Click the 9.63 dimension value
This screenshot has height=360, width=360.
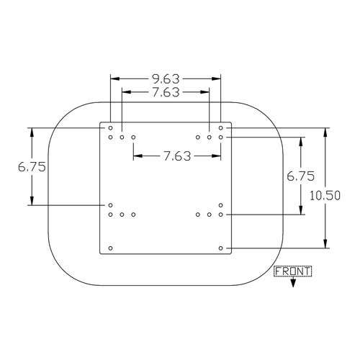pos(166,79)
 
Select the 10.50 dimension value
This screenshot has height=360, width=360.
pos(325,196)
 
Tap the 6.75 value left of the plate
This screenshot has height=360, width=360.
pos(32,167)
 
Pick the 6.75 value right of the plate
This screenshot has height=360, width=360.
pos(300,176)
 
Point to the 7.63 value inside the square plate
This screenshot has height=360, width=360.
pos(177,156)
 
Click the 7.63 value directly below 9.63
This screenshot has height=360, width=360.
pos(166,92)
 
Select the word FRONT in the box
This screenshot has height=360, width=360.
pos(293,271)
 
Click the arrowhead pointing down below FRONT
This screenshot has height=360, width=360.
pos(293,284)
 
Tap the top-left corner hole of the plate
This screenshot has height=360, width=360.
pos(110,128)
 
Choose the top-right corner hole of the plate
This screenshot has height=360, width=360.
pos(221,128)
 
